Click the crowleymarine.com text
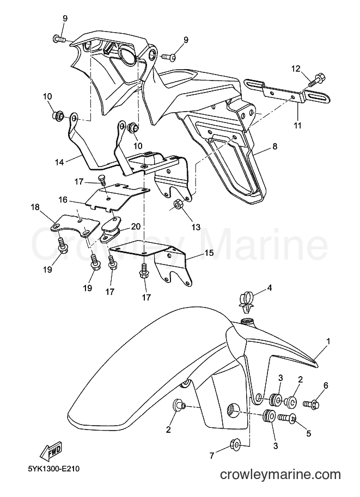click(280, 475)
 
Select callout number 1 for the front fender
click(328, 341)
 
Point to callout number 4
click(269, 289)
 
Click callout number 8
click(275, 146)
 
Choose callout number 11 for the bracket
click(297, 126)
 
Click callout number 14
click(59, 162)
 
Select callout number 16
click(63, 200)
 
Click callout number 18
click(35, 207)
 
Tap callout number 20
click(136, 226)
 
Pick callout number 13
click(196, 227)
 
